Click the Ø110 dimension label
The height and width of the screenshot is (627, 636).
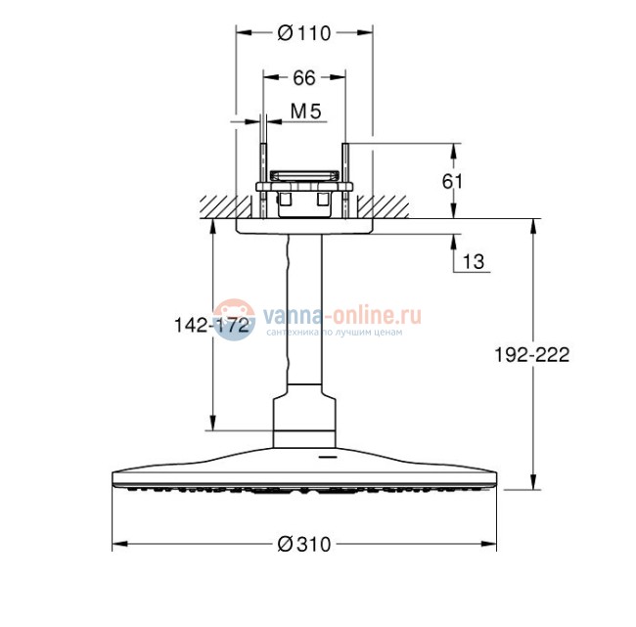304,32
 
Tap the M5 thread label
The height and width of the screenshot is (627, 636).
305,112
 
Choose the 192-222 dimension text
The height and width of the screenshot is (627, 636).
532,355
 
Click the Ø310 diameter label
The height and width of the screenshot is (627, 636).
304,544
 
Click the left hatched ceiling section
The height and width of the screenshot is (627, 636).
217,206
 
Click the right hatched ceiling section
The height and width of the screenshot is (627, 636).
391,206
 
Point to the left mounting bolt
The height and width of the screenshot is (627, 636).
263,181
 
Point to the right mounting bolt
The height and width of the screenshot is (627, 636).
344,181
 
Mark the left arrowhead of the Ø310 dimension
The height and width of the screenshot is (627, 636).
118,544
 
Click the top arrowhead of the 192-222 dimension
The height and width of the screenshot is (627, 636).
532,224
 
